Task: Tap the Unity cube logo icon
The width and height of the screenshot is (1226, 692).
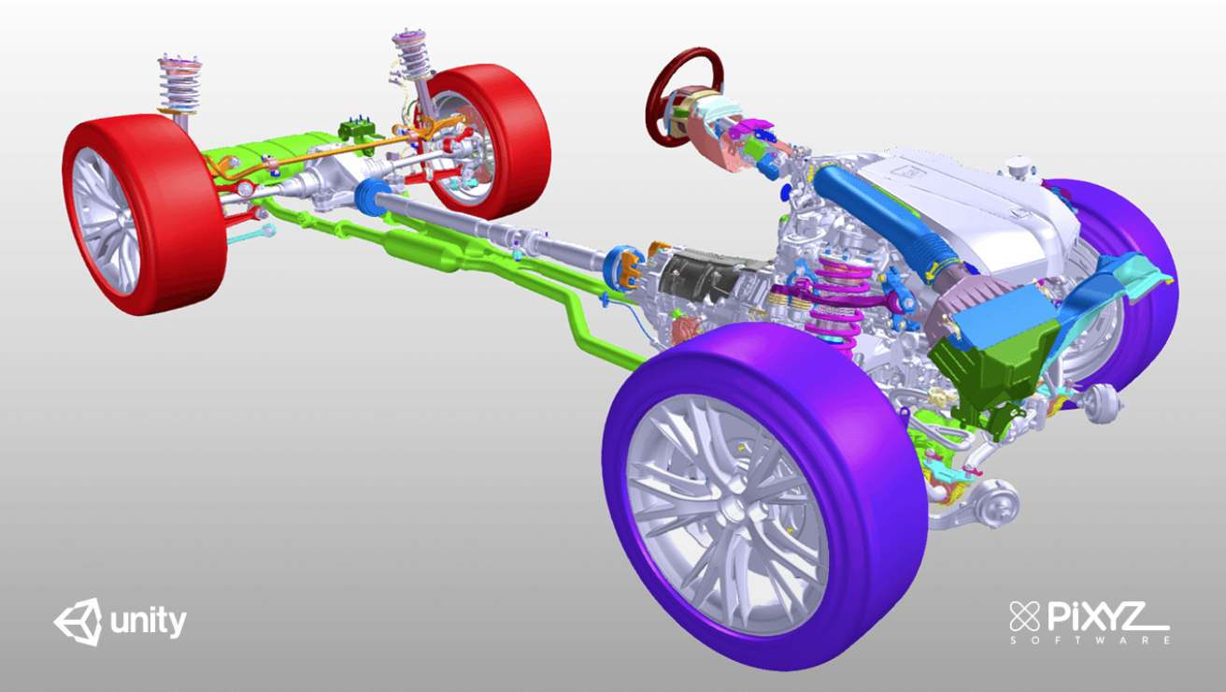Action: pos(77,622)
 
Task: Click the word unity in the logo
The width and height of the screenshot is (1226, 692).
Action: pos(149,622)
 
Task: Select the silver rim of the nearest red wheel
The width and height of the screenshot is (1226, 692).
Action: pos(105,220)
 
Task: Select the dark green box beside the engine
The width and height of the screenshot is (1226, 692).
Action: pos(991,369)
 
